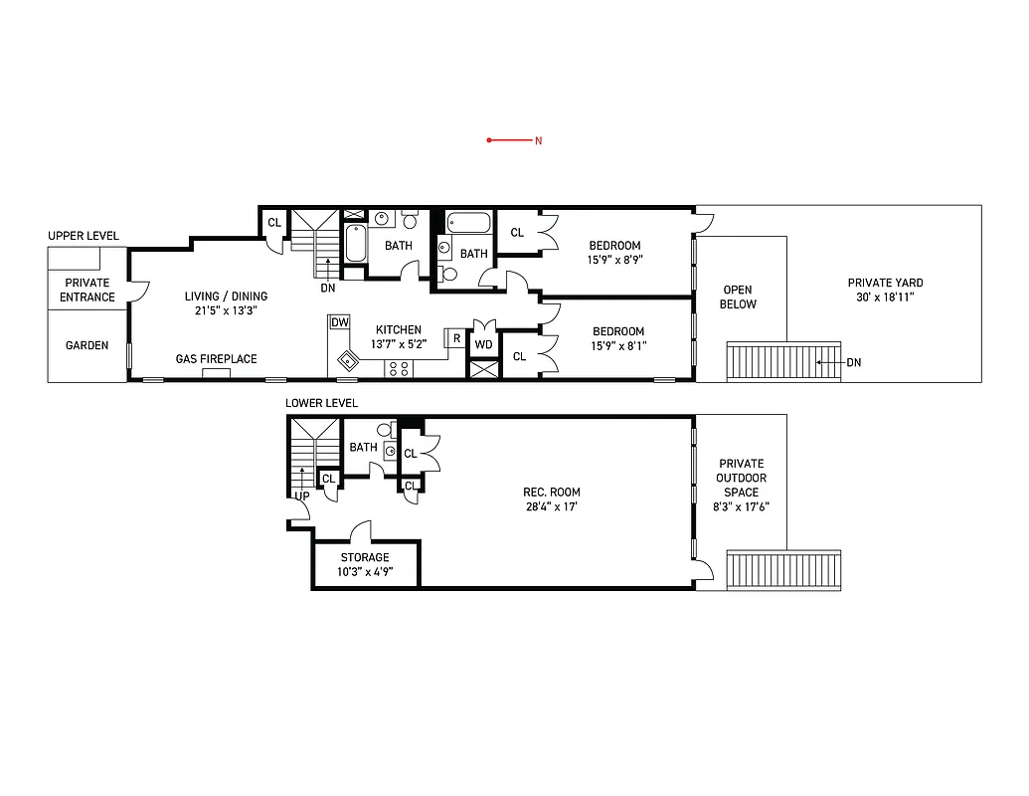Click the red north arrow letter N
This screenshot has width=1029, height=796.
coord(538,140)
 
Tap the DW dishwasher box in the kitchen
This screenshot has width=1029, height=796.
coord(340,322)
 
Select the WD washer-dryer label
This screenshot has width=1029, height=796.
coord(483,344)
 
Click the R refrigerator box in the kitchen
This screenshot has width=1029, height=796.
coord(456,338)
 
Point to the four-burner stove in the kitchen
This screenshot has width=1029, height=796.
coord(400,368)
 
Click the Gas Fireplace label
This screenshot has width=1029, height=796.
coord(216,359)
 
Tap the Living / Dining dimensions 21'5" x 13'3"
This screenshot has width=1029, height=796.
coord(226,310)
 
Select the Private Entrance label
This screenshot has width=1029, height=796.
coord(87,290)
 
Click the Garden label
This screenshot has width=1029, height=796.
coord(87,346)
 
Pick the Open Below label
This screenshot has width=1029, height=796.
coord(738,298)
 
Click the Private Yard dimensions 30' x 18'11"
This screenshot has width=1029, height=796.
coord(885,297)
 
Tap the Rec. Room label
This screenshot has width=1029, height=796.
coord(552,493)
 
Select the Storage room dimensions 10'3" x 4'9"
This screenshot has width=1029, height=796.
coord(365,571)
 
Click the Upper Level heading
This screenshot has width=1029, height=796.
coord(84,236)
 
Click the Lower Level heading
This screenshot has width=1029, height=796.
coord(321,403)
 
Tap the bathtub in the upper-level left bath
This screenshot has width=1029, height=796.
coord(355,243)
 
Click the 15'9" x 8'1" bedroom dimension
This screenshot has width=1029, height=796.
coord(617,346)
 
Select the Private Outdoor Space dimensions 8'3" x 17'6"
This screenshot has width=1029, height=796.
coord(741,505)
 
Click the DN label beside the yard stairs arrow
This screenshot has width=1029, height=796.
coord(853,362)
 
